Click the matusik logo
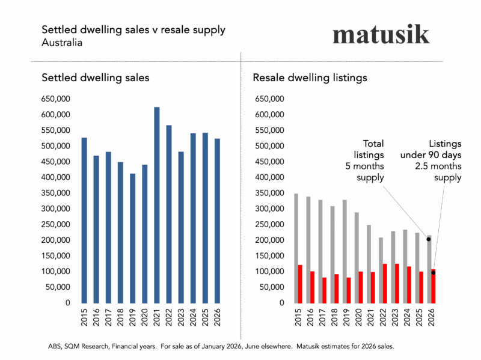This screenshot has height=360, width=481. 381,34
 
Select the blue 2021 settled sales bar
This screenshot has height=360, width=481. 157,205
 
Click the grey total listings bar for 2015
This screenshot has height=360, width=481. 296,228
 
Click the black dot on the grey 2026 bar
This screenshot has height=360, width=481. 429,239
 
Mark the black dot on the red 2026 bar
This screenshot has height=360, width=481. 433,273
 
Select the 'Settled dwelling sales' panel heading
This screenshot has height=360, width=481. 95,78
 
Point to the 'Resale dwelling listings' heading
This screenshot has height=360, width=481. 310,78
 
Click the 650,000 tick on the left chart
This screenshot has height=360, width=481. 56,99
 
